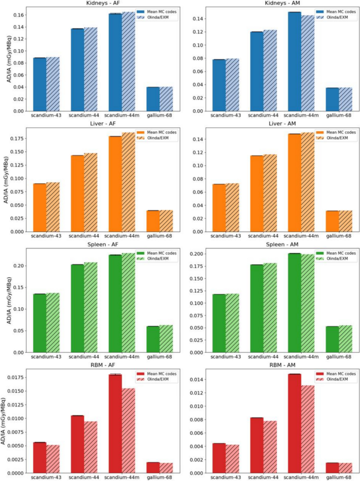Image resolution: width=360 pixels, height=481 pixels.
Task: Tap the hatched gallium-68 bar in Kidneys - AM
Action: tap(345, 99)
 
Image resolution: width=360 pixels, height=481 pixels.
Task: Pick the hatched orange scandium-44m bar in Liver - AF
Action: tap(129, 182)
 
